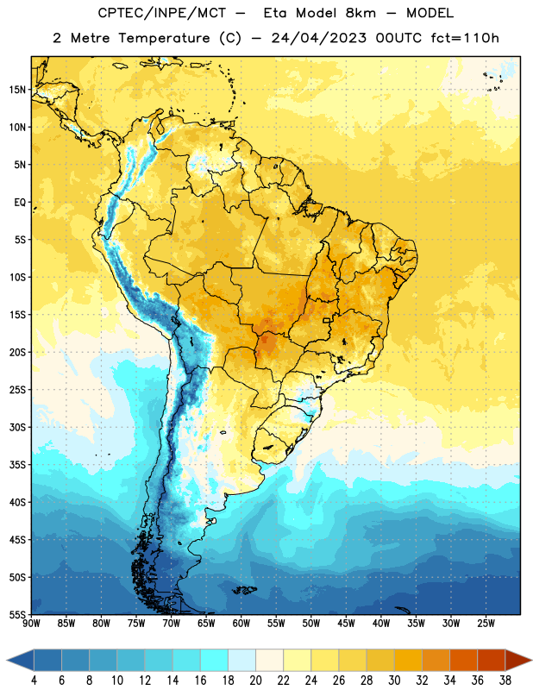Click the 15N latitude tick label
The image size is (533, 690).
pos(17,90)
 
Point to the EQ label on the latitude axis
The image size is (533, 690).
pos(20,203)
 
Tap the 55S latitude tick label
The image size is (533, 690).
pos(17,615)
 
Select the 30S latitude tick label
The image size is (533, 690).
pos(17,427)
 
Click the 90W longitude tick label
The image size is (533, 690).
pos(31,624)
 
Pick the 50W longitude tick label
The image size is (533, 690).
pos(311,624)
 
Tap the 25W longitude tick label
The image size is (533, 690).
pos(486,624)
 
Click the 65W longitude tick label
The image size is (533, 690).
pos(206,624)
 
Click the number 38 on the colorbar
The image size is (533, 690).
pos(505,681)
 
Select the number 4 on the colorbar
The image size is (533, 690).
pos(34,681)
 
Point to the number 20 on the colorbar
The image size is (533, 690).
pos(255,681)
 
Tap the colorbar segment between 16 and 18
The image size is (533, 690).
pos(215,661)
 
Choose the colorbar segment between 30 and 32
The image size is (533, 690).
pos(408,661)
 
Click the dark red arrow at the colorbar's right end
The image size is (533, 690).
pos(517,661)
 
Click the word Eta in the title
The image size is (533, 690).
pos(275,13)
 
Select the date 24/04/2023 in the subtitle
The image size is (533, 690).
pos(318,38)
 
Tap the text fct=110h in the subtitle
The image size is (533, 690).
pos(465,38)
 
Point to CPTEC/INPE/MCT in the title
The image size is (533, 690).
pos(161,13)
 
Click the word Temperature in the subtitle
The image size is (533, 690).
pos(164,39)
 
